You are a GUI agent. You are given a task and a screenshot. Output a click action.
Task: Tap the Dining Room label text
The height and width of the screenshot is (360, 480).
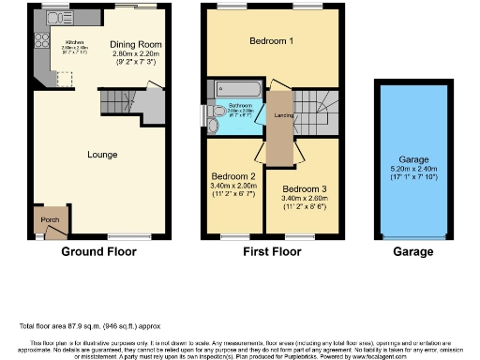point(136,44)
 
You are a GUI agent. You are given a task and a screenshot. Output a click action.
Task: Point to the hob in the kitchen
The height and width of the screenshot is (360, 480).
point(42,40)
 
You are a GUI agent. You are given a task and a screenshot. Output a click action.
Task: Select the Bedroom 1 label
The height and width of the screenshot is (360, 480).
point(271,42)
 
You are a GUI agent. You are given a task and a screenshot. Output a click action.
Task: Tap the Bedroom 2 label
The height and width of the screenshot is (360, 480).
point(233,176)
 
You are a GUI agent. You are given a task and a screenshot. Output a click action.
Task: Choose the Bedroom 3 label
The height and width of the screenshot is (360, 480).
point(305,188)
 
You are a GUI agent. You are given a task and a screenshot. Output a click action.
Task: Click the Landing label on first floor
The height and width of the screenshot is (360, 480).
point(280,115)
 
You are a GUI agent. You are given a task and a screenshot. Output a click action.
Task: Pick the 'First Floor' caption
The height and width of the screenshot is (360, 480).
point(273,252)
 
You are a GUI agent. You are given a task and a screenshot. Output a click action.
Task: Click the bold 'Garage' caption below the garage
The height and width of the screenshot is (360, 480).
point(412,252)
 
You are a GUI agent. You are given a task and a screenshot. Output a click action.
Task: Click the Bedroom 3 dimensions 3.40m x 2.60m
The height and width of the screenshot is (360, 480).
point(305,199)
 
